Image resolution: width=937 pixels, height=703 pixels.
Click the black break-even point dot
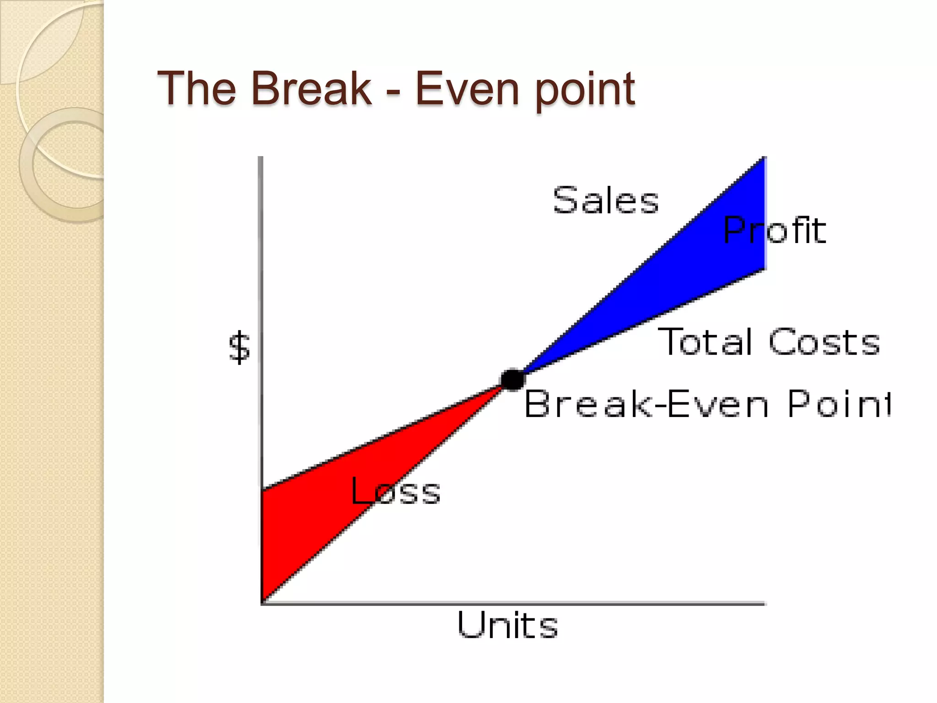click(512, 379)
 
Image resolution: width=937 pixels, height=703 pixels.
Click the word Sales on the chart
click(606, 200)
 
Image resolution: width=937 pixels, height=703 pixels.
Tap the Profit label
click(775, 230)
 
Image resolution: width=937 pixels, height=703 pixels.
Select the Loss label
click(395, 491)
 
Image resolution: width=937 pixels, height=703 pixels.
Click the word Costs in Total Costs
click(824, 342)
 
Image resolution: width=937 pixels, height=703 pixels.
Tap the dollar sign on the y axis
click(239, 348)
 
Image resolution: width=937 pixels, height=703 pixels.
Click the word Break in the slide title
click(311, 88)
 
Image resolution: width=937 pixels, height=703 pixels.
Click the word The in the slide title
click(197, 88)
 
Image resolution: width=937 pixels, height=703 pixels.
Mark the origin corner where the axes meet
click(261, 603)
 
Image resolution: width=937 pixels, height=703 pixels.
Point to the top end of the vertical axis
click(261, 158)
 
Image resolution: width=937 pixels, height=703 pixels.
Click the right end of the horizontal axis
click(764, 604)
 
